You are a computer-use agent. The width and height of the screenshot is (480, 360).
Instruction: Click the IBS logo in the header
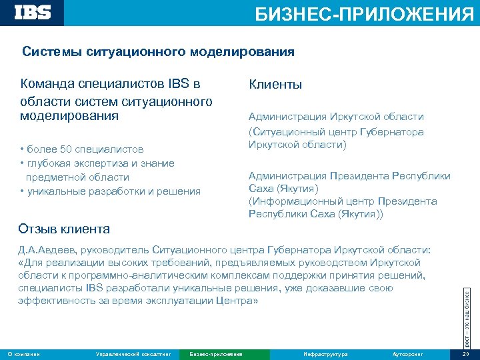point(33,12)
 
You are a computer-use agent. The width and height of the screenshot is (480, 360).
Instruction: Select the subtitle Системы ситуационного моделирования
point(158,51)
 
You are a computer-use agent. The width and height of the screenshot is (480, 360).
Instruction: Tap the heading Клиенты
point(275,85)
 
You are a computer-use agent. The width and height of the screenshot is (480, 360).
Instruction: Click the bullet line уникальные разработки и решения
point(113,192)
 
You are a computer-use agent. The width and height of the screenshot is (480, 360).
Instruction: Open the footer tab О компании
point(23,353)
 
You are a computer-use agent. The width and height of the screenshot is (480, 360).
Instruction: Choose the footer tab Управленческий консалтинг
point(133,353)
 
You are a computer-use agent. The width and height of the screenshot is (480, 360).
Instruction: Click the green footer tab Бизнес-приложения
point(216,353)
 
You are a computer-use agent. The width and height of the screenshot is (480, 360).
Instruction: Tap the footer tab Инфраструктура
point(325,353)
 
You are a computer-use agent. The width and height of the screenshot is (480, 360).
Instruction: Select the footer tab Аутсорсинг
point(408,353)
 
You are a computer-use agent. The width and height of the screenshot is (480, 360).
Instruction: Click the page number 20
point(465,353)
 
